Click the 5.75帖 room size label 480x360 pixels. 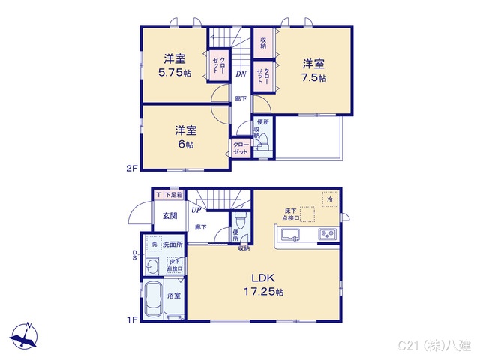tap(174, 74)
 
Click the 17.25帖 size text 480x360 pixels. tap(262, 291)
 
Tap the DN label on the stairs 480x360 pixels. tap(241, 73)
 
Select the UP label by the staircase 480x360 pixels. tap(194, 210)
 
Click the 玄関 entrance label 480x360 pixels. tap(169, 216)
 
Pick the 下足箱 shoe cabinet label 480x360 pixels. tap(174, 195)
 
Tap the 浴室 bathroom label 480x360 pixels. tap(174, 296)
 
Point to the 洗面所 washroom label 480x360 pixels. tap(173, 245)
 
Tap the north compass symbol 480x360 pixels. tap(26, 335)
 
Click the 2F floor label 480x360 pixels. tap(131, 169)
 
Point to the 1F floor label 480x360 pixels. tap(131, 320)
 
